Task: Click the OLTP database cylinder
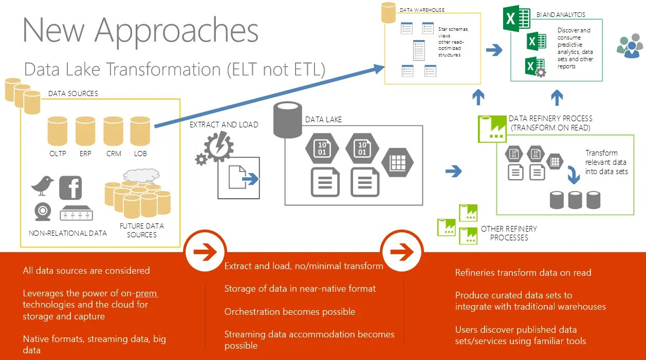57,131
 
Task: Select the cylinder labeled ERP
85,131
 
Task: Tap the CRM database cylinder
113,131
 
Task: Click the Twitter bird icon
42,185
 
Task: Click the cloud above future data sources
139,176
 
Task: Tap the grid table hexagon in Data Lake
397,162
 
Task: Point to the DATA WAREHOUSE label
422,10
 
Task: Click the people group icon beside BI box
629,47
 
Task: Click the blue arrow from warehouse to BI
494,50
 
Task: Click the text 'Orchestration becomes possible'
289,312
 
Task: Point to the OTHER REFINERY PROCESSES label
509,233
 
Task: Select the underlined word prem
146,293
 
